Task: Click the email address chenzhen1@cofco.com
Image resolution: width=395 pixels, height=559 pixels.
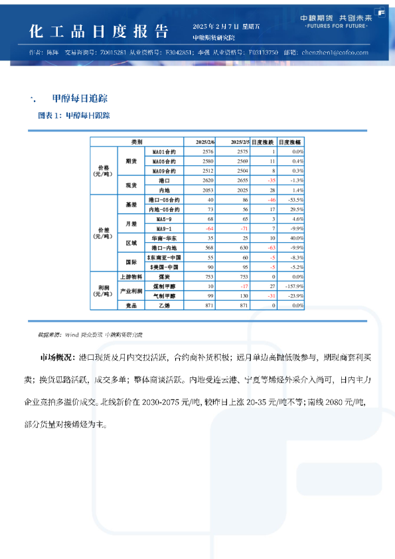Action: [335, 51]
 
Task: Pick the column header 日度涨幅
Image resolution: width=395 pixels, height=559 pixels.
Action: [290, 142]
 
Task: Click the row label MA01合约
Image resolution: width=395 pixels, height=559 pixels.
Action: [164, 152]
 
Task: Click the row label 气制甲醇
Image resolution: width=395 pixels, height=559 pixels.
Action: [164, 295]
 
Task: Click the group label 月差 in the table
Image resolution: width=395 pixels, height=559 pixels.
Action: [131, 223]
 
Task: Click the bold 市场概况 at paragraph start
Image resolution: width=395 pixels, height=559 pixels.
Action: [57, 358]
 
